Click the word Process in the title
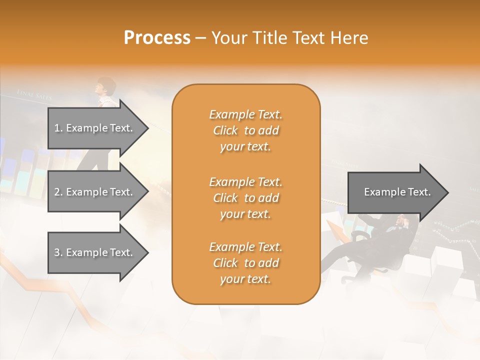157,37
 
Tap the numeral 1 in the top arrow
57,128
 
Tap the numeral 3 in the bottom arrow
57,252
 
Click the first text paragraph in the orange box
245,130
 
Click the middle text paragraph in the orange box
245,197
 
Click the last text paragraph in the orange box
245,263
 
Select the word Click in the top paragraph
225,130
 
